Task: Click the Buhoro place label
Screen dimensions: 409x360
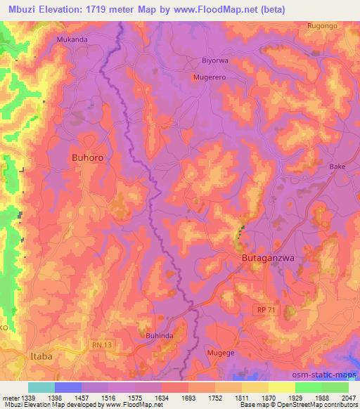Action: (x=88, y=158)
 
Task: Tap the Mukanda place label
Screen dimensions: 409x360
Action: (x=72, y=40)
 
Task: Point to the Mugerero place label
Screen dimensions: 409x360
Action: (x=209, y=77)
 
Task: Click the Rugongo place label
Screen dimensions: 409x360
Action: (x=323, y=26)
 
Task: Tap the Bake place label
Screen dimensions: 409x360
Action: (x=337, y=167)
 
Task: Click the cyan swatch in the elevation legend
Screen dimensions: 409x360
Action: (x=41, y=387)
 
